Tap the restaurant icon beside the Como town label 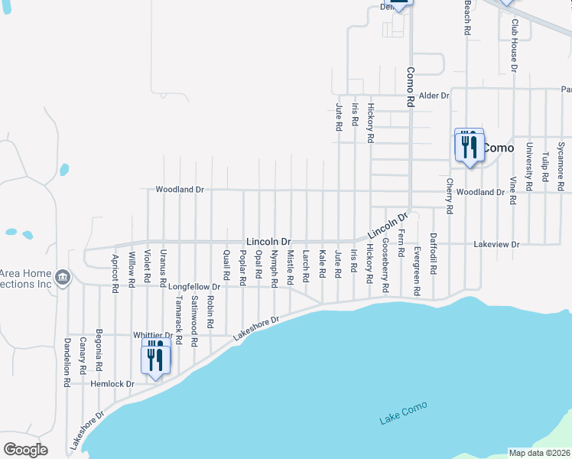[469, 146]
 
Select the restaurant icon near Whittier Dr [155, 360]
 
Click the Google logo [25, 450]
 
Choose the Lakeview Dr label [496, 244]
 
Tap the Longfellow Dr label [194, 287]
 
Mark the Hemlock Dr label [112, 383]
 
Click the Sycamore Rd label [561, 165]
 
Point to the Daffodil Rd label [433, 265]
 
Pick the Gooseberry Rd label [385, 266]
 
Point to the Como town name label [499, 148]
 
